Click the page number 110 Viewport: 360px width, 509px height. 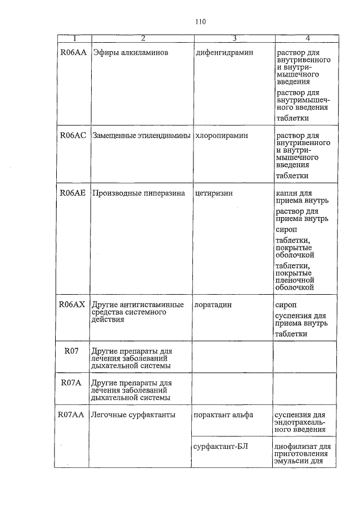point(201,22)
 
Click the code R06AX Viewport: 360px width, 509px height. point(72,304)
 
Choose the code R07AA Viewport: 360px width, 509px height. point(71,415)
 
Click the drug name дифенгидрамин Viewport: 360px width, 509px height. point(224,52)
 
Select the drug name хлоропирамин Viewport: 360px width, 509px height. point(222,136)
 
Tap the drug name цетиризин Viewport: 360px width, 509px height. point(214,193)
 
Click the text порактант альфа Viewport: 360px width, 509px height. point(224,415)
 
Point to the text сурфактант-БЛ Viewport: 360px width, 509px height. point(220,447)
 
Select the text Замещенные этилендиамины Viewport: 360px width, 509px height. point(141,136)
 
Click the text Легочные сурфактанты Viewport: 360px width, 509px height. point(133,415)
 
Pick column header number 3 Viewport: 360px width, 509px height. point(233,38)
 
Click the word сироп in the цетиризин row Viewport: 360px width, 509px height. point(286,229)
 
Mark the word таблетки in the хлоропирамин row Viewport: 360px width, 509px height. point(292,175)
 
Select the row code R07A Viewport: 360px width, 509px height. point(71,383)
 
